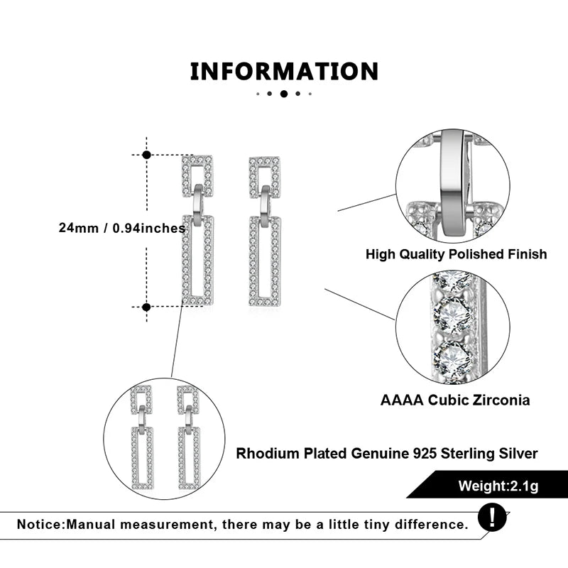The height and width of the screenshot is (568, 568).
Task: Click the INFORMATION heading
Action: point(284,72)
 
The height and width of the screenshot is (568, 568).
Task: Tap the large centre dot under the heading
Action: point(284,94)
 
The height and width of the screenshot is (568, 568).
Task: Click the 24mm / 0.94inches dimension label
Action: point(122,229)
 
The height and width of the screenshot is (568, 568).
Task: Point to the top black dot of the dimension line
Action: point(146,154)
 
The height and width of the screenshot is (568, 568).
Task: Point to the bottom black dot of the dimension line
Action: point(146,307)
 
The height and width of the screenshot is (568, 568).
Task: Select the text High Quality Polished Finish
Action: point(456,253)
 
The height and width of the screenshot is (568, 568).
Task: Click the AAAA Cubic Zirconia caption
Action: point(455,400)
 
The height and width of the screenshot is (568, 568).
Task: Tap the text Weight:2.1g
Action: point(497,486)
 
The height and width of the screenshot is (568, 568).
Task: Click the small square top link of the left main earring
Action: point(197,175)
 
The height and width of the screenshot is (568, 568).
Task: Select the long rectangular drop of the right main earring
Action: point(265,261)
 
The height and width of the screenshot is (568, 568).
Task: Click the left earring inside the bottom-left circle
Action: point(141,440)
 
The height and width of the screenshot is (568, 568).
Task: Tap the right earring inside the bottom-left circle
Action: point(188,440)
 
